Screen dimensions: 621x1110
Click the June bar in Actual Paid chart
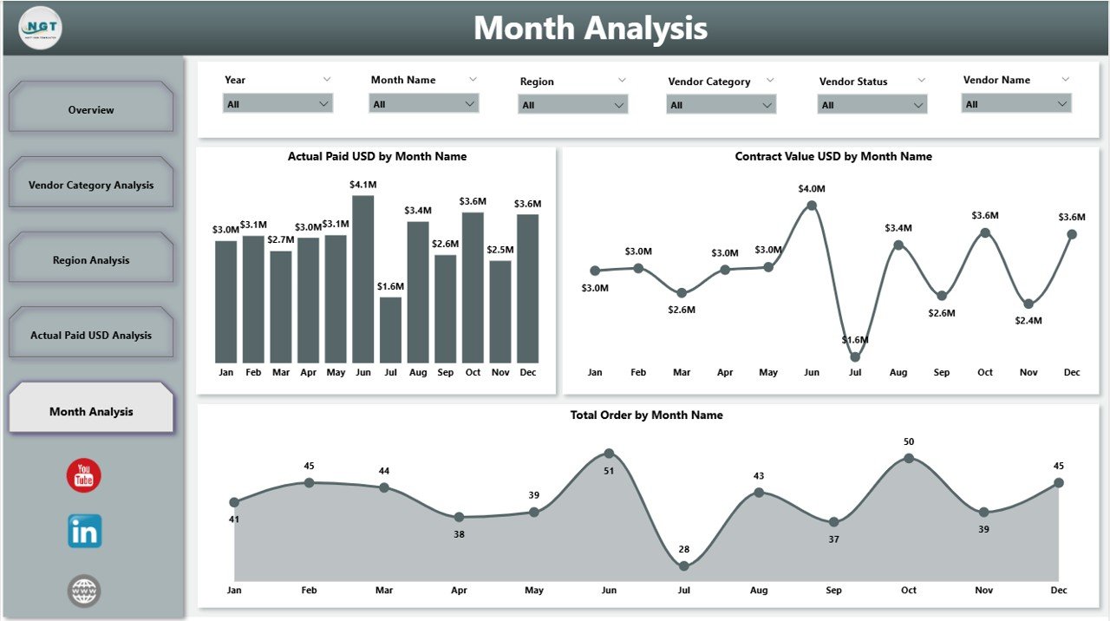[x=362, y=279]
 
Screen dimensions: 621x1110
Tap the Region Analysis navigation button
[x=91, y=260]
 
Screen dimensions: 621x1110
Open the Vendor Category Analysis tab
[x=91, y=185]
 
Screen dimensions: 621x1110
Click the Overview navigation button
[x=91, y=110]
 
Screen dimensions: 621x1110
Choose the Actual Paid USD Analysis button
[x=91, y=336]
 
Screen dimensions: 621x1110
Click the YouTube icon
[x=84, y=476]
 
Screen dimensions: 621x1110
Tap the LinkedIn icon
[x=84, y=531]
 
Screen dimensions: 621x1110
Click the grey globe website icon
[x=84, y=592]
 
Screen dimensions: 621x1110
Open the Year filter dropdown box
[x=277, y=104]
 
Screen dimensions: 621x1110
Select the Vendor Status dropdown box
[x=872, y=105]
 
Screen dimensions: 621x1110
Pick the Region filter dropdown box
[x=572, y=105]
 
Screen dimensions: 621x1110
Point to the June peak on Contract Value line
[x=812, y=206]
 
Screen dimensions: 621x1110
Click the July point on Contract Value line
[x=855, y=356]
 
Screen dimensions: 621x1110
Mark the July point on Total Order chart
[x=683, y=565]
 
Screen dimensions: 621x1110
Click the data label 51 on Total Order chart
[x=609, y=471]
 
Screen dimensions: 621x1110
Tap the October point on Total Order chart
[x=908, y=458]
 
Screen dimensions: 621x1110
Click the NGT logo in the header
[x=40, y=28]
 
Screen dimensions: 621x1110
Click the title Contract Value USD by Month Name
[x=832, y=157]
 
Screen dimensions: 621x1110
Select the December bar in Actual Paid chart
[x=527, y=288]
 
